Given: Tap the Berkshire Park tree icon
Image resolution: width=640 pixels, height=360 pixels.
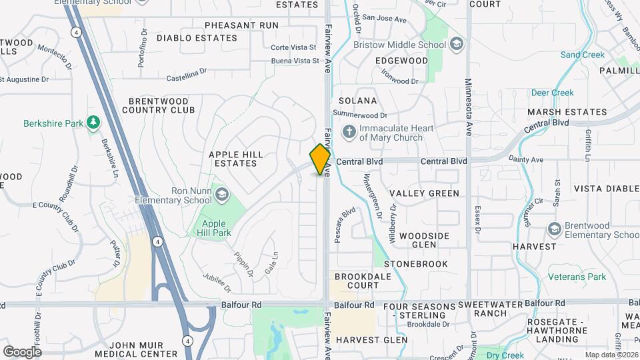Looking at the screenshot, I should pyautogui.click(x=94, y=123).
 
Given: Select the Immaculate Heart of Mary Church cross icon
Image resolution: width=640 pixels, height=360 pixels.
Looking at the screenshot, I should pyautogui.click(x=348, y=132).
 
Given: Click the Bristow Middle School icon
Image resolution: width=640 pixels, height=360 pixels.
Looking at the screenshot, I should pyautogui.click(x=457, y=45).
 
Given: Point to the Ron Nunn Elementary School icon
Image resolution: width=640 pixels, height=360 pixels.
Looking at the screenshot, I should pyautogui.click(x=221, y=195).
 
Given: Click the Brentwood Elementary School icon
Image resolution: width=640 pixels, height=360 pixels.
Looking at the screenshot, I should pyautogui.click(x=553, y=230).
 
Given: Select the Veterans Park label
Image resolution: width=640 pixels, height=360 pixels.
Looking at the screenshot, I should pyautogui.click(x=577, y=277).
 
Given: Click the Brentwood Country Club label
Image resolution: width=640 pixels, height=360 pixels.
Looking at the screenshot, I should pyautogui.click(x=162, y=105).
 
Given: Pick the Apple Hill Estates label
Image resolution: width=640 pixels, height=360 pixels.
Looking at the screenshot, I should pyautogui.click(x=233, y=159).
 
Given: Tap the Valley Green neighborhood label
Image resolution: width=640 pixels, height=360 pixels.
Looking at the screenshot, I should pyautogui.click(x=425, y=193).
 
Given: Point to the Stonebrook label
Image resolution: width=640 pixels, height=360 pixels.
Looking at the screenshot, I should pyautogui.click(x=416, y=264).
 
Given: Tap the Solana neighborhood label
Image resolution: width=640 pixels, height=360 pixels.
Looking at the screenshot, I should pyautogui.click(x=358, y=101).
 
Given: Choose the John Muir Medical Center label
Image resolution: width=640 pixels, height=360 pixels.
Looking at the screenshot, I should pyautogui.click(x=136, y=349).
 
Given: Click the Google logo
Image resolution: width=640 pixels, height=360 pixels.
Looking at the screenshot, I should pyautogui.click(x=23, y=351).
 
